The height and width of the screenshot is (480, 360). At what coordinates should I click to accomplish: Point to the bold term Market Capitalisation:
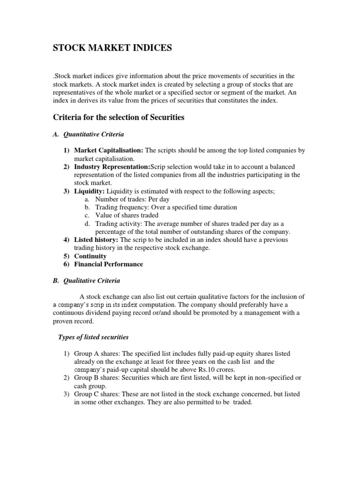coord(109,150)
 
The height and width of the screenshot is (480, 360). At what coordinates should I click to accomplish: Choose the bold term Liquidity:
coord(90,191)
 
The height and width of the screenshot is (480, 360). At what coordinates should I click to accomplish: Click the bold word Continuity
coord(90,256)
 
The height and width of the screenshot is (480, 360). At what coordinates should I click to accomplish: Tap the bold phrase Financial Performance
coord(108,264)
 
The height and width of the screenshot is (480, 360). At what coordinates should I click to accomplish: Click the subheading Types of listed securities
coord(93,337)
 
